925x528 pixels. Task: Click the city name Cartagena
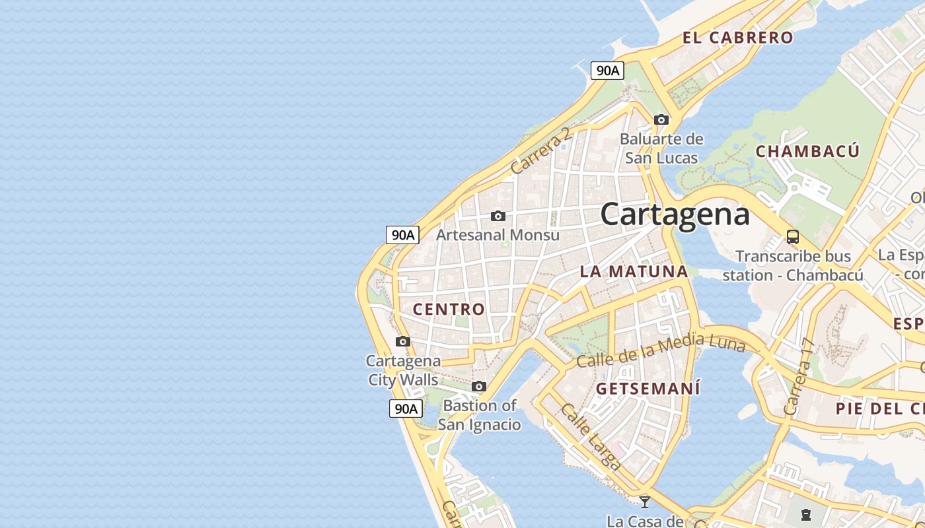tap(675, 214)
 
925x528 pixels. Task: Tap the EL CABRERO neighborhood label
tap(737, 38)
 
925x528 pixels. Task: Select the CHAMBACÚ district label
tap(807, 151)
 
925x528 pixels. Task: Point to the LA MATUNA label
tap(634, 271)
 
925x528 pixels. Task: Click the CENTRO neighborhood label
tap(449, 309)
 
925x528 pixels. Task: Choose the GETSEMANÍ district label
tap(647, 389)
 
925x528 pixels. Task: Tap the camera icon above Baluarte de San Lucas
tap(661, 119)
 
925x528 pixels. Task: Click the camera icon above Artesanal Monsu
tap(498, 216)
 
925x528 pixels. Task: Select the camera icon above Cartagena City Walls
tap(403, 341)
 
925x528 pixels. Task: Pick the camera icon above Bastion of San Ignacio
tap(479, 386)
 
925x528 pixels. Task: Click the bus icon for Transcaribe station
tap(793, 236)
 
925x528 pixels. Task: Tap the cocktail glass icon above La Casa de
tap(645, 502)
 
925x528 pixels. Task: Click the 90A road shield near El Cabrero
tap(607, 71)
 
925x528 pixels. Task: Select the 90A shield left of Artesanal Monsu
tap(402, 234)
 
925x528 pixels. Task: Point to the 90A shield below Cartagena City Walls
tap(405, 409)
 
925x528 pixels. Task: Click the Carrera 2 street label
tap(540, 151)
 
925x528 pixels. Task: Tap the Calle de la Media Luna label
tap(660, 351)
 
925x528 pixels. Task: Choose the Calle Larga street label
tap(590, 436)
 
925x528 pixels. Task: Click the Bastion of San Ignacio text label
tap(479, 414)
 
